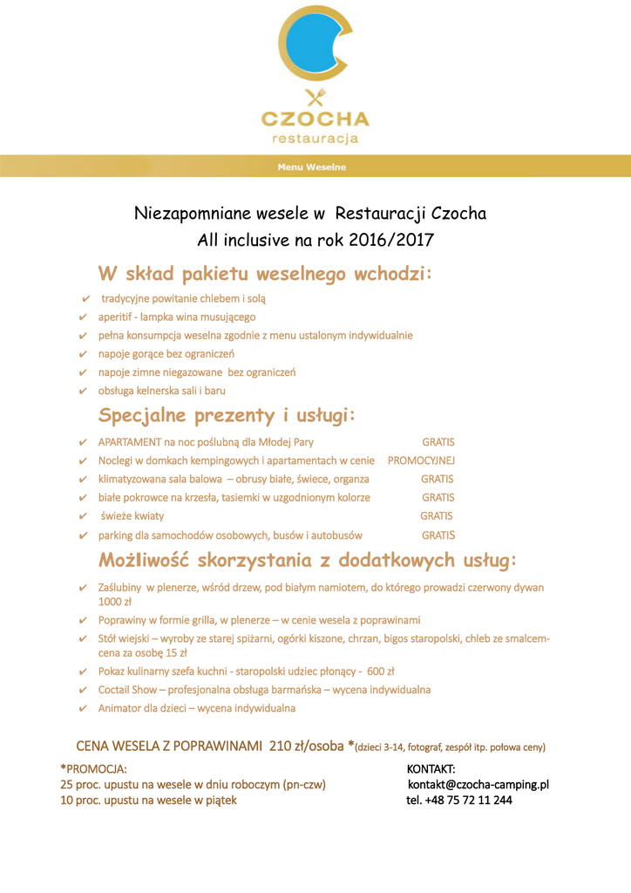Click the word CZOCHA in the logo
[x=315, y=119]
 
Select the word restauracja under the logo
[x=315, y=138]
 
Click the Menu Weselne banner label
[x=312, y=167]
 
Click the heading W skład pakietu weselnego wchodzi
[x=265, y=274]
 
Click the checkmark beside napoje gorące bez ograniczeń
[x=83, y=354]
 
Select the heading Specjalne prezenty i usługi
[x=227, y=414]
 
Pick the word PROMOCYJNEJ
[x=421, y=460]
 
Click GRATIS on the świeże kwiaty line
[x=437, y=516]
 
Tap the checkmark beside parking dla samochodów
[x=83, y=535]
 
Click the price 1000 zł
[x=114, y=602]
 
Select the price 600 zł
[x=380, y=671]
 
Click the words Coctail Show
[x=127, y=690]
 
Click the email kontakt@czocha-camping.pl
[x=478, y=785]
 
